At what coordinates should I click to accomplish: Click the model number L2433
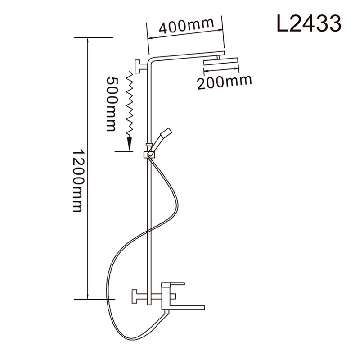pos(309,23)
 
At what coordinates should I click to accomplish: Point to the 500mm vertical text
pos(112,104)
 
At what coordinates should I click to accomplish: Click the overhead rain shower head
pos(220,62)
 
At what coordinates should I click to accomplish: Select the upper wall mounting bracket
pos(140,66)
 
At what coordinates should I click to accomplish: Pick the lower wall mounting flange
pos(138,296)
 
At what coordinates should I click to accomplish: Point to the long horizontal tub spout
pos(187,307)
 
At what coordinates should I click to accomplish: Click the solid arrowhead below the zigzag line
pos(130,144)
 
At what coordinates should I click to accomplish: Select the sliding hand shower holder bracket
pos(149,155)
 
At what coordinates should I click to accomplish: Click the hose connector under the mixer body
pos(166,312)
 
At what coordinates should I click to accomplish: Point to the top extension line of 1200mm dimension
pos(94,37)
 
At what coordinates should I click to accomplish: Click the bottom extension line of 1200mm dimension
pos(94,299)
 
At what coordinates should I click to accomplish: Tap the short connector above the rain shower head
pos(218,57)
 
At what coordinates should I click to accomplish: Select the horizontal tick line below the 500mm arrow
pos(124,151)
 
